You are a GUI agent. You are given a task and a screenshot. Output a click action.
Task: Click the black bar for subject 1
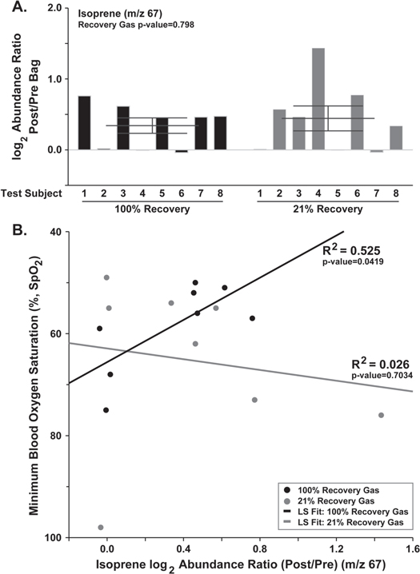[x=84, y=122]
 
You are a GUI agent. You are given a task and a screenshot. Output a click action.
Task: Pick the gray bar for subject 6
[x=357, y=122]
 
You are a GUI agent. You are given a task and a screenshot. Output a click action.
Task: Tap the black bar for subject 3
[x=122, y=128]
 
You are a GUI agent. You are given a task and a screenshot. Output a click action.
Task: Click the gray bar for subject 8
[x=396, y=138]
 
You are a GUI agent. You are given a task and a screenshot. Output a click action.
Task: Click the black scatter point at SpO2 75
[x=106, y=410]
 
